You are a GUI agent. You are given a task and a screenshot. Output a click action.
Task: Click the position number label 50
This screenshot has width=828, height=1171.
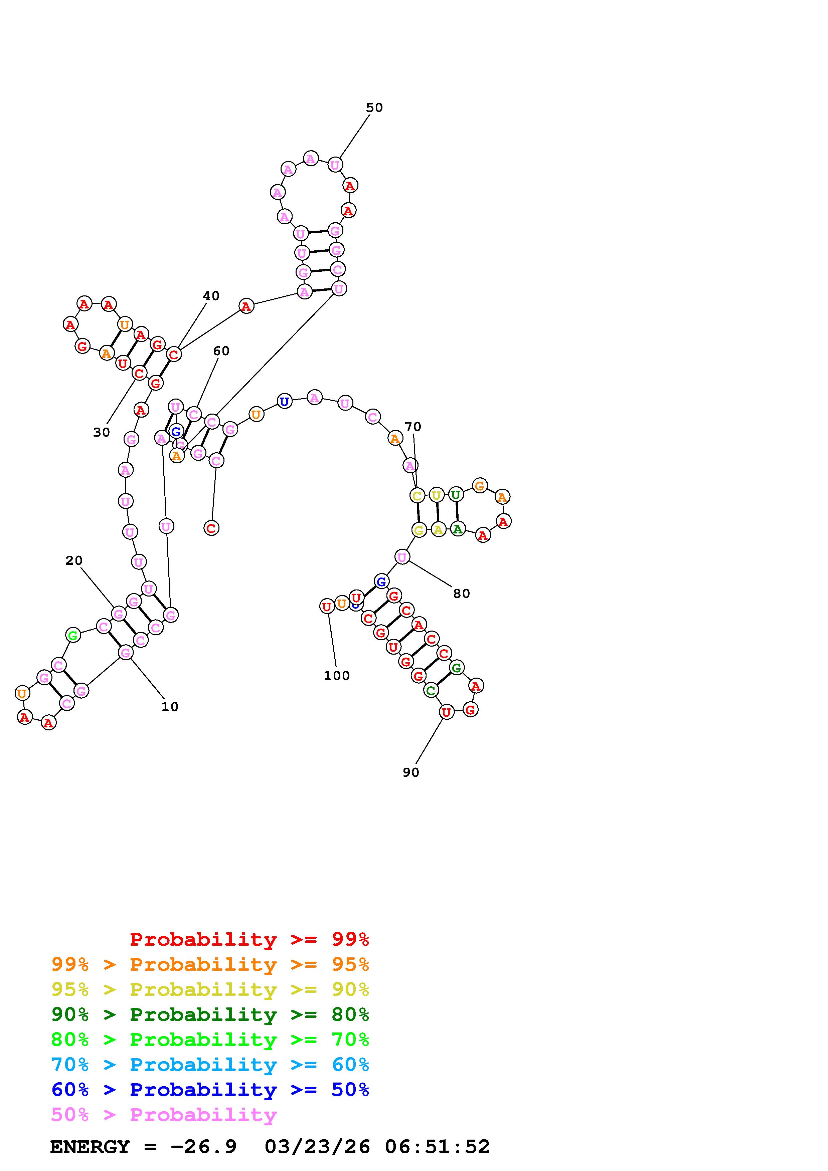click(x=374, y=107)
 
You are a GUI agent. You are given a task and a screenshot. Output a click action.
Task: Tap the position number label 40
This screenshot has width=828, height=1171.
click(x=211, y=296)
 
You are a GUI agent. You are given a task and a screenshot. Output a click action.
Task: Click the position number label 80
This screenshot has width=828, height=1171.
click(x=461, y=594)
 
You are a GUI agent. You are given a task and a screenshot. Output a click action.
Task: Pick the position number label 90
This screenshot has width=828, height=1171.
click(x=411, y=773)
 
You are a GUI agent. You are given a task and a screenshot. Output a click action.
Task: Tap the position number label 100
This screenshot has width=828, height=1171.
click(x=337, y=676)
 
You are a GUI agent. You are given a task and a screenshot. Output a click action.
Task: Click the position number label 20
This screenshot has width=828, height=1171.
click(x=73, y=560)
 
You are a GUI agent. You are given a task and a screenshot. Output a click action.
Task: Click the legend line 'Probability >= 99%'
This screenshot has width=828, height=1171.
click(x=250, y=939)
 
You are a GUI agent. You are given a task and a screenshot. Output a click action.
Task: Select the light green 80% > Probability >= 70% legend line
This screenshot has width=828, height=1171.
click(x=210, y=1039)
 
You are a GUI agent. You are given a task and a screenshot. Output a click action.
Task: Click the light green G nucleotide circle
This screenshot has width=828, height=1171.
click(x=73, y=636)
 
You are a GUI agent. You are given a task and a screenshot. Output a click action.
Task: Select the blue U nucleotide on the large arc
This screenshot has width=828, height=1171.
click(x=284, y=401)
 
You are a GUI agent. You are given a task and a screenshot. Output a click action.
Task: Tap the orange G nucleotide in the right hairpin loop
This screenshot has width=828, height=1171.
click(x=479, y=486)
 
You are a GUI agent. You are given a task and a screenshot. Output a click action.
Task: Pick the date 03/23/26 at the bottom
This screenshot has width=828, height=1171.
click(x=317, y=1147)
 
